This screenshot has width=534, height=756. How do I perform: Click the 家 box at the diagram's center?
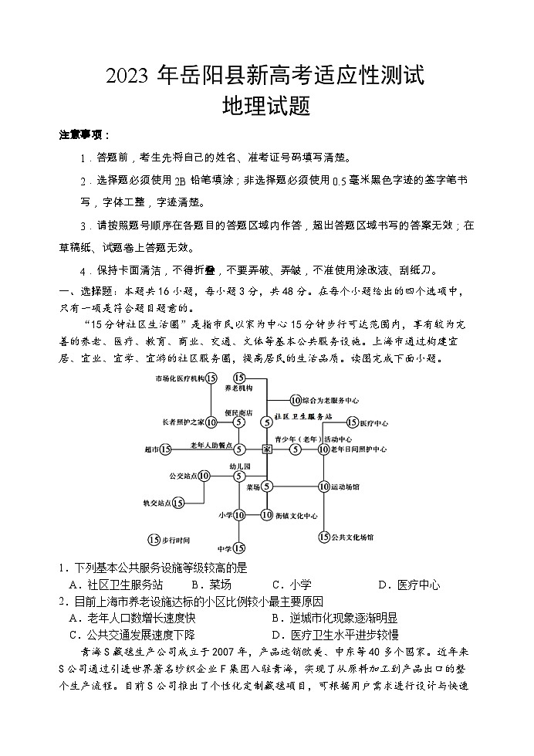pyautogui.click(x=266, y=449)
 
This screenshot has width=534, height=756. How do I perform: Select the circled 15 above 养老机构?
pyautogui.click(x=239, y=378)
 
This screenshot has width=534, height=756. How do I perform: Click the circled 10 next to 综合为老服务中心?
pyautogui.click(x=296, y=400)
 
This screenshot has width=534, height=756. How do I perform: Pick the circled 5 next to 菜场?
pyautogui.click(x=266, y=486)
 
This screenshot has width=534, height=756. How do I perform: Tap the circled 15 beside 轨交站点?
pyautogui.click(x=178, y=503)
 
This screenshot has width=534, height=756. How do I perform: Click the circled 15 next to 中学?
pyautogui.click(x=239, y=548)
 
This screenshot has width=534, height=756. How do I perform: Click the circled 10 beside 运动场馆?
pyautogui.click(x=324, y=486)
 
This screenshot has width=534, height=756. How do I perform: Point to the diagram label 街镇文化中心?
pyautogui.click(x=296, y=515)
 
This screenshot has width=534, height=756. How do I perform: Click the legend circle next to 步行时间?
pyautogui.click(x=154, y=539)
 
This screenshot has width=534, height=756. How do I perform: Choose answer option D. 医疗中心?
pyautogui.click(x=409, y=585)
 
